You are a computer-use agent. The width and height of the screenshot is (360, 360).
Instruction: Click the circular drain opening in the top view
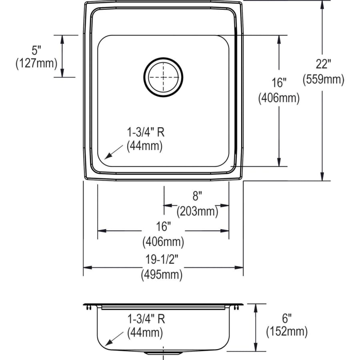pos(164,77)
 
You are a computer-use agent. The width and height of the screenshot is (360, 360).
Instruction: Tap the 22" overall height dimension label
pos(323,64)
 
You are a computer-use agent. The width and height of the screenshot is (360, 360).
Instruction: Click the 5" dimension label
pos(36,50)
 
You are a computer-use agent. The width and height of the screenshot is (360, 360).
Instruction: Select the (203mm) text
pos(197,210)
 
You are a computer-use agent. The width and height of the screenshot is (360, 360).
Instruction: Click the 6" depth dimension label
pos(286,318)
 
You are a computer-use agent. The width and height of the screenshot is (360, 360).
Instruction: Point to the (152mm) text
pos(286,332)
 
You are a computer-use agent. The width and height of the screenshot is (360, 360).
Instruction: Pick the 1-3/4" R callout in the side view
pos(146,319)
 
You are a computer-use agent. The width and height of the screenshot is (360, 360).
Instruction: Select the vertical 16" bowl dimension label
pos(279,83)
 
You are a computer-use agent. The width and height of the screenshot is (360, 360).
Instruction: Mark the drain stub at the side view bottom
pos(164,353)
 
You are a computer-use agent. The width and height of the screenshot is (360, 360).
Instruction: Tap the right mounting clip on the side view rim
pos(238,307)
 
